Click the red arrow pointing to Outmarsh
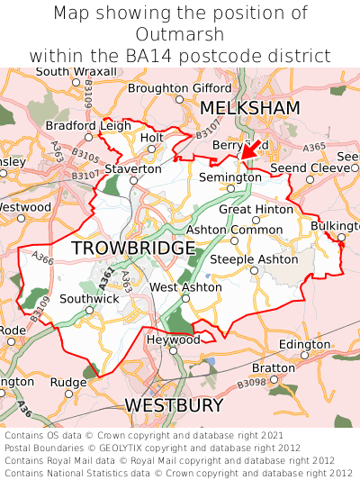pos(249,149)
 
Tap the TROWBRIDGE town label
pos(132,248)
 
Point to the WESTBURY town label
pos(173,406)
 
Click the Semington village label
pos(229,177)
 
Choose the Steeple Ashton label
pos(254,259)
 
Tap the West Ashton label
pos(184,287)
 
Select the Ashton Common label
pos(234,230)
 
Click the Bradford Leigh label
pos(87,125)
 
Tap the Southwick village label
pos(89,298)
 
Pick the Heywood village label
pos(174,340)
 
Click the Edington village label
pos(304,345)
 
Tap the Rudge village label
pos(67,382)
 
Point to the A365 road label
pos(314,147)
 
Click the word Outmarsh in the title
pos(179,34)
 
